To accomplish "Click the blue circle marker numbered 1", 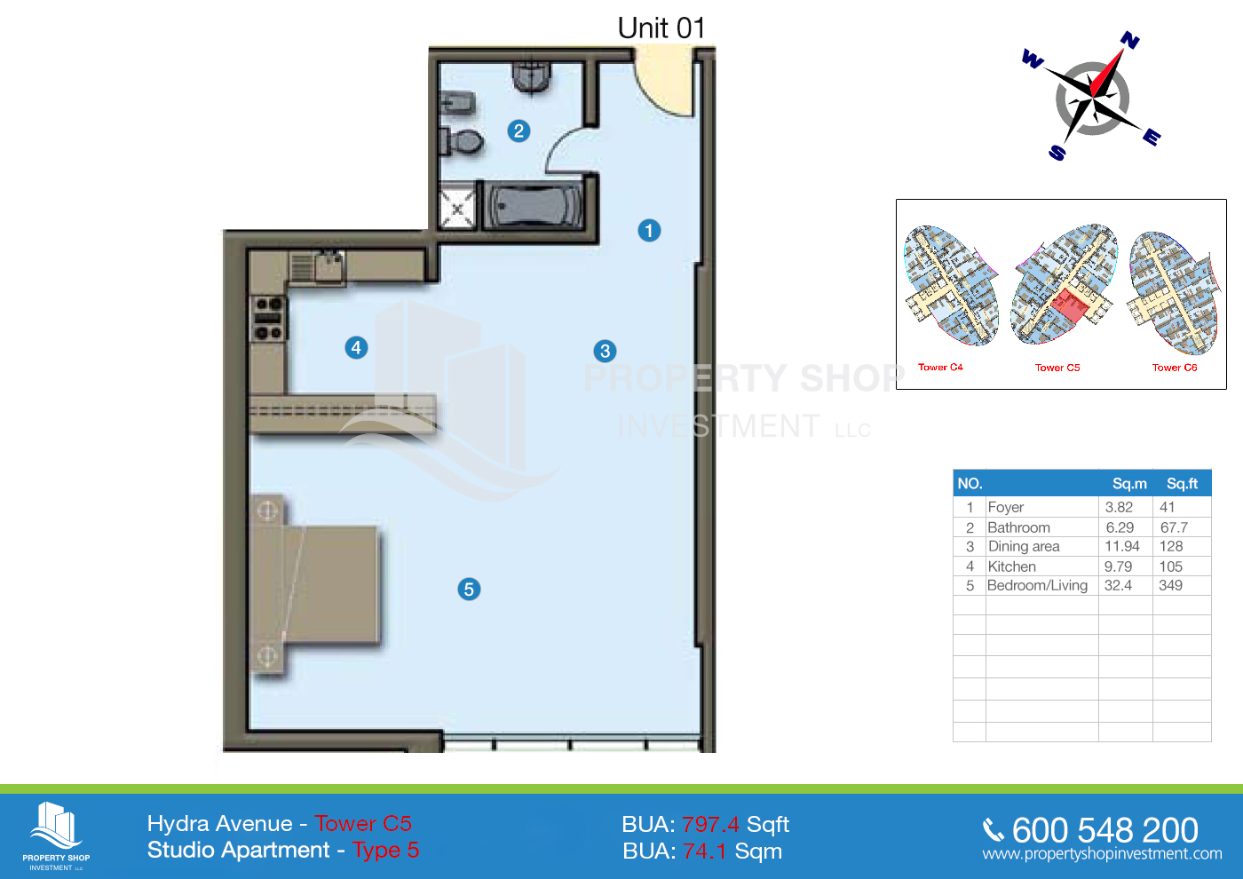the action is [649, 230].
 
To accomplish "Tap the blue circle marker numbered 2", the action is [519, 131].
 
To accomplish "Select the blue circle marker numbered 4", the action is [356, 348].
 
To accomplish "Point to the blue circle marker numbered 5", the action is [469, 589].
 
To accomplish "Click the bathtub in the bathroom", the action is [534, 205].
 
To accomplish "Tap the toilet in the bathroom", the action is [461, 141].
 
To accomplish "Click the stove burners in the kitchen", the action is [269, 318].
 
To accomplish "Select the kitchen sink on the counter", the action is [329, 267].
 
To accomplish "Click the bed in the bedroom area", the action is [316, 584].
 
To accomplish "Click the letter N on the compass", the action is [1129, 40].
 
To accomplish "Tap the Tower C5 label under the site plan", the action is [1057, 368].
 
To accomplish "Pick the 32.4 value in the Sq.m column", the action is [1118, 585].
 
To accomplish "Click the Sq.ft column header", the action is [1182, 483].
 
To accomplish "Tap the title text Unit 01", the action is [661, 28].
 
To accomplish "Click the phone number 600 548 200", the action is [1104, 829].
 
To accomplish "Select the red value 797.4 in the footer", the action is [710, 824].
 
